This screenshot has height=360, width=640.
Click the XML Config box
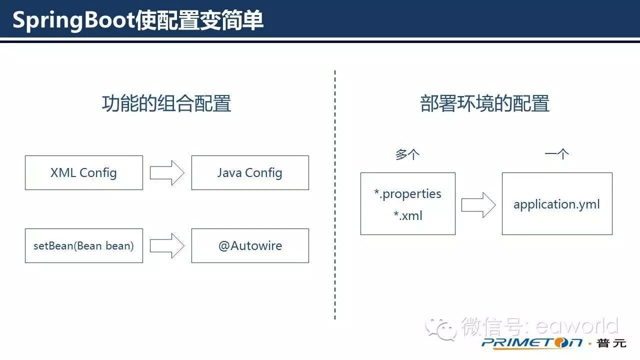[83, 172]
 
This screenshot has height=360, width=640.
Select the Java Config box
[250, 172]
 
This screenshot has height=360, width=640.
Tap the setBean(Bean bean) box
[83, 245]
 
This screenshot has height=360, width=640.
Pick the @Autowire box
[250, 245]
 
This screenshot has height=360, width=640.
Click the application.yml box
[556, 204]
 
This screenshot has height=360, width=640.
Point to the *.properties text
[407, 193]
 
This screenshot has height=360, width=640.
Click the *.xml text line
[407, 215]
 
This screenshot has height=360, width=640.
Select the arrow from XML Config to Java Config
[167, 172]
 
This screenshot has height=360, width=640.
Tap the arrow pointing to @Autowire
[167, 245]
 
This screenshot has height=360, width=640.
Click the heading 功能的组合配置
[166, 103]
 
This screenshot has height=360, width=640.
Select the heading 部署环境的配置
[485, 103]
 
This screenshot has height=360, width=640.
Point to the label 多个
[407, 154]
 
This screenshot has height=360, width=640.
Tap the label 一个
[556, 154]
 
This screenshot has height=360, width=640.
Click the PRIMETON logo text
[532, 343]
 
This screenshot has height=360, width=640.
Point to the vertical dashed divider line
[335, 195]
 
